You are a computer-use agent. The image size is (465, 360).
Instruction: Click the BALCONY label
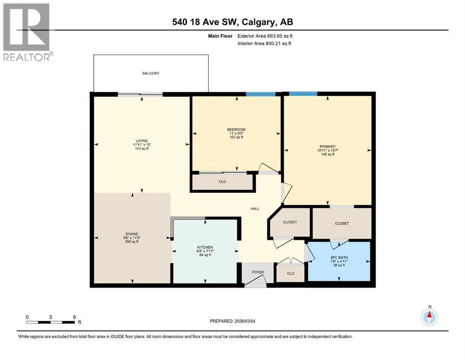[x=151, y=74]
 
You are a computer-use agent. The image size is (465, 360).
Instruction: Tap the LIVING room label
[x=141, y=141]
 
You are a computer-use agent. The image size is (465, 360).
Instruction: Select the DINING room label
[x=132, y=233]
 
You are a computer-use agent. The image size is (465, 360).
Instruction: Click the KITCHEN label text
[x=205, y=247]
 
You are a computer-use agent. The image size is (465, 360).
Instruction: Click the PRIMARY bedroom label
[x=327, y=146]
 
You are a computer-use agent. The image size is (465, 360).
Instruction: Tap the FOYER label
[x=258, y=272]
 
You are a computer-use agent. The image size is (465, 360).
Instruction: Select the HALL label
[x=255, y=209]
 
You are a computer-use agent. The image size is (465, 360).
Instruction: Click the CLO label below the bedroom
[x=222, y=182]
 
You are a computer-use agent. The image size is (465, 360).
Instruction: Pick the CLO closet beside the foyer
[x=291, y=273]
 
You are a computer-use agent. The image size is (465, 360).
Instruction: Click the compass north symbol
[x=429, y=317]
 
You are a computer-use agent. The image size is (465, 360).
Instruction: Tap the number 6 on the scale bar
[x=74, y=317]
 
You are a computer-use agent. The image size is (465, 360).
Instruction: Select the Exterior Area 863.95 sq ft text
[x=266, y=36]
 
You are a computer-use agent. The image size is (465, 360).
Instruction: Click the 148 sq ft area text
[x=327, y=154]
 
